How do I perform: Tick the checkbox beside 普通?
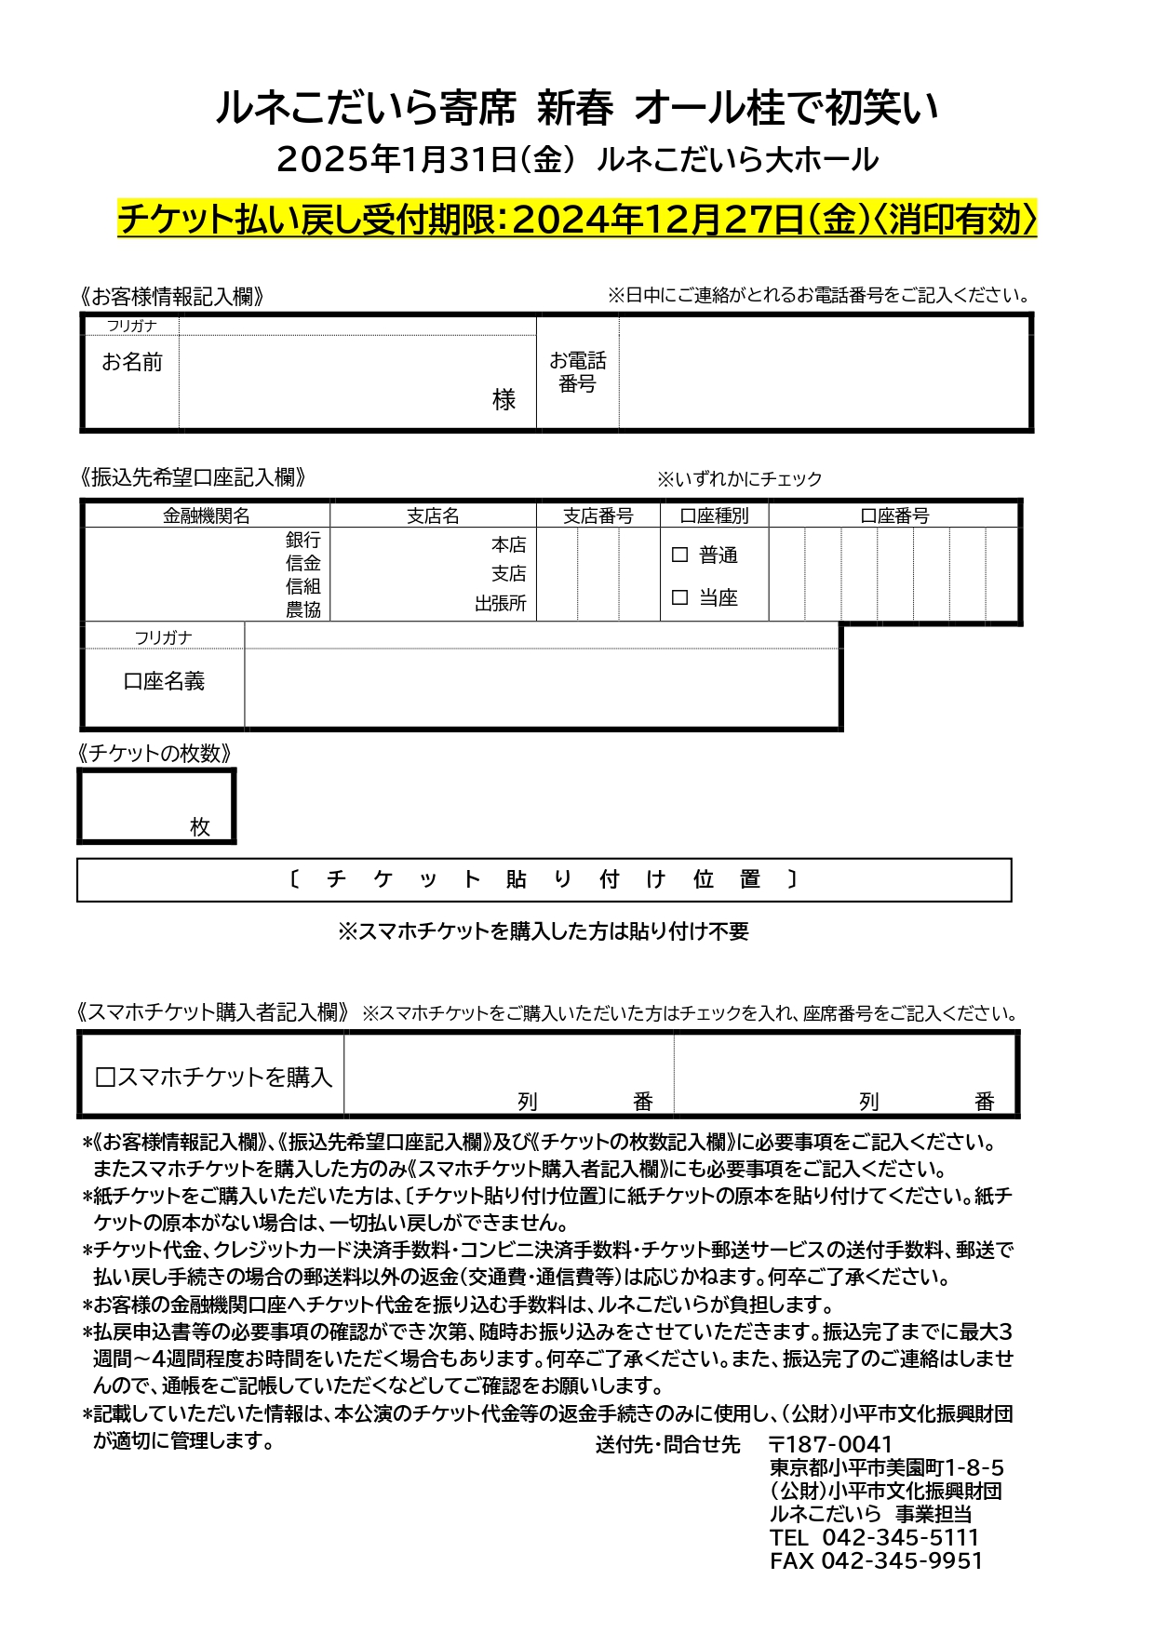click(679, 555)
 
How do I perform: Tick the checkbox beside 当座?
click(679, 597)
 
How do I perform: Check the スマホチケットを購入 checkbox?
click(105, 1077)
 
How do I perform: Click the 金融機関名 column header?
click(207, 515)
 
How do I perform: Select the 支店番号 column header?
click(598, 515)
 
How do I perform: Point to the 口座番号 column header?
click(893, 515)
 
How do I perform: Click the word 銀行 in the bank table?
click(302, 540)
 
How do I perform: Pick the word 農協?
click(302, 609)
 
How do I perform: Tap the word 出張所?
click(500, 604)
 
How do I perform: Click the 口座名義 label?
click(164, 681)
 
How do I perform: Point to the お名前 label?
click(131, 362)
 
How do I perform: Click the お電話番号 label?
click(577, 372)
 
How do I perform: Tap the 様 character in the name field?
click(504, 399)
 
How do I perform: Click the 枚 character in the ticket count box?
click(200, 826)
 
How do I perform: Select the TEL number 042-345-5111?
click(900, 1537)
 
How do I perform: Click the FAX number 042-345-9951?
click(901, 1560)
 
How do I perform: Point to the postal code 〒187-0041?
click(830, 1444)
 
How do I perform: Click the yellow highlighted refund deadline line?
click(577, 220)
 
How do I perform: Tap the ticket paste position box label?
click(544, 879)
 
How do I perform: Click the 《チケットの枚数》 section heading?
click(154, 753)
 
